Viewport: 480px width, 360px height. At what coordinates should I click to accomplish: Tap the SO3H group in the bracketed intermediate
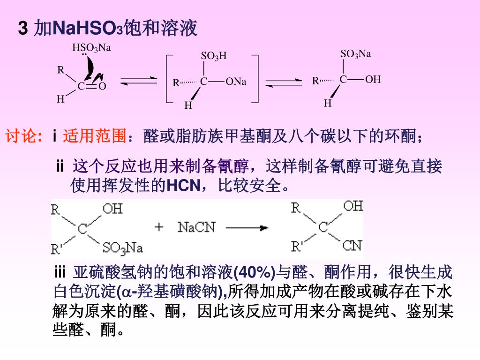point(213,57)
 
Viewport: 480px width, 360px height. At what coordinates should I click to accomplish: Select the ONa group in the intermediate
point(236,82)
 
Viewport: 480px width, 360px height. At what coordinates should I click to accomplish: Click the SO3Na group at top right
point(355,54)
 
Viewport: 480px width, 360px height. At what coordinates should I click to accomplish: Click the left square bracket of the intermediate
point(169,78)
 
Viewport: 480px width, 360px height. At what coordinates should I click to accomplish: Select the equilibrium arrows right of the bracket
point(284,82)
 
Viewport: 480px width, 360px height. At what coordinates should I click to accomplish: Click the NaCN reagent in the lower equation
point(196,228)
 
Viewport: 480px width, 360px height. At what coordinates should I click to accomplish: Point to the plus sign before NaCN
point(159,228)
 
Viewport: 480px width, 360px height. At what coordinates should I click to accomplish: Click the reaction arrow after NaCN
point(247,228)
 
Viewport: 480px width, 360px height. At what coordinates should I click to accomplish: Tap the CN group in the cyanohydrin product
point(352,245)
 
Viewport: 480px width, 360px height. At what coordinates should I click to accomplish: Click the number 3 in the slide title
point(22,29)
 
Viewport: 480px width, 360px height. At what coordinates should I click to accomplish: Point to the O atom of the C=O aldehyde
point(103,86)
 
